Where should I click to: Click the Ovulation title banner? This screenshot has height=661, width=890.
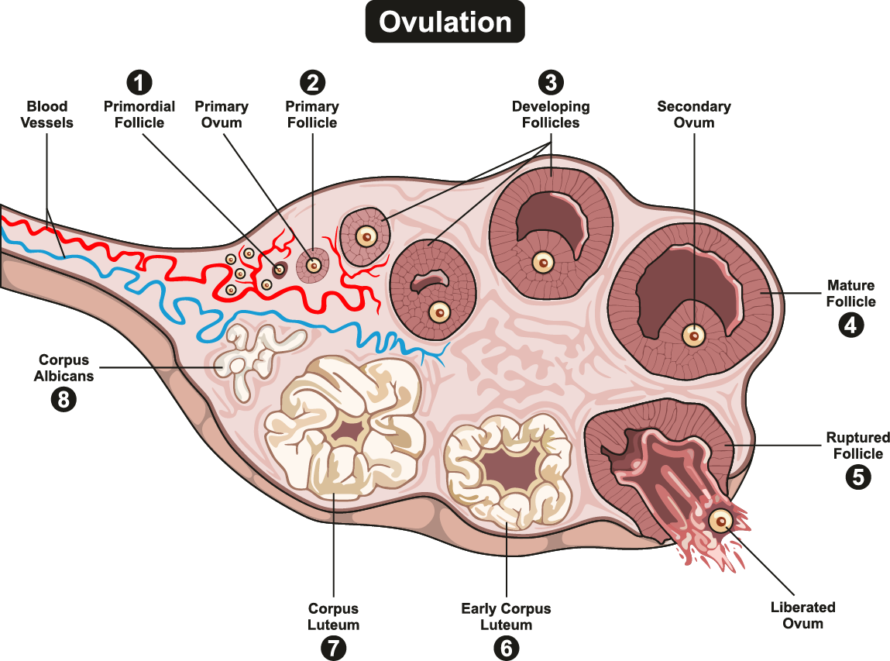pyautogui.click(x=445, y=22)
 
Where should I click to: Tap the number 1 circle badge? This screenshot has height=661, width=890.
pyautogui.click(x=139, y=82)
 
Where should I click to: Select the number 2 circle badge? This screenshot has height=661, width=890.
pyautogui.click(x=312, y=82)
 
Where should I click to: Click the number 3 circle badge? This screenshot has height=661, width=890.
pyautogui.click(x=551, y=82)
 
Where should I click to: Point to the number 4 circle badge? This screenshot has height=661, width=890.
pyautogui.click(x=850, y=325)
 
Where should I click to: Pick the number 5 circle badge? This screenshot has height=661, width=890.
pyautogui.click(x=857, y=476)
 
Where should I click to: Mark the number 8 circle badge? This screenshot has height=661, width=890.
pyautogui.click(x=64, y=400)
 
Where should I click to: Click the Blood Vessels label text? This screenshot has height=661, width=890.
pyautogui.click(x=47, y=114)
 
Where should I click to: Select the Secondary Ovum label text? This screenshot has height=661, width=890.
pyautogui.click(x=693, y=114)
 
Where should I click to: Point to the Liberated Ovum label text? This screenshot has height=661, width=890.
pyautogui.click(x=802, y=615)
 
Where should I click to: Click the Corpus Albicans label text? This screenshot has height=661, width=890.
pyautogui.click(x=64, y=368)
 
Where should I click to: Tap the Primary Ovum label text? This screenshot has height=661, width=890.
pyautogui.click(x=221, y=114)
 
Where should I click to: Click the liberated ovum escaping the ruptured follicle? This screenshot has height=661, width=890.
pyautogui.click(x=721, y=522)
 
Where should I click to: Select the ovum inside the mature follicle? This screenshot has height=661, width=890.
pyautogui.click(x=693, y=336)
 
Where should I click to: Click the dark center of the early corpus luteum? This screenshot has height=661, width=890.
pyautogui.click(x=507, y=468)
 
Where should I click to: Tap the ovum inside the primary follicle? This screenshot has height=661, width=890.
pyautogui.click(x=314, y=265)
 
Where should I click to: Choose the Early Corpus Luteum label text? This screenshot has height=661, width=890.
pyautogui.click(x=506, y=617)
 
